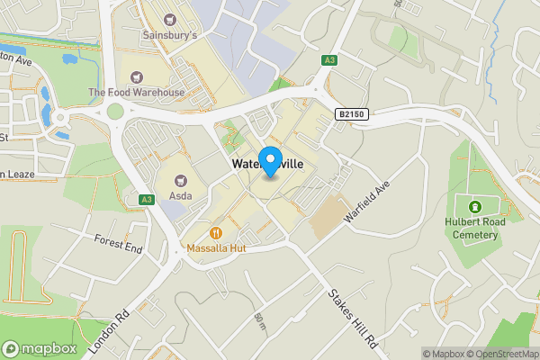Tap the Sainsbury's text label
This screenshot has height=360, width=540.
pos(169,36)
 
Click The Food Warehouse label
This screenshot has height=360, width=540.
pos(136,93)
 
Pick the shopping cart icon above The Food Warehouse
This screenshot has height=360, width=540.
pos(136,76)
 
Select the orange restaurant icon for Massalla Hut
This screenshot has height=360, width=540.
pos(216,231)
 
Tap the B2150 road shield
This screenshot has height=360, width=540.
pos(352,114)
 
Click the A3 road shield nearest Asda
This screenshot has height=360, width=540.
pos(146,200)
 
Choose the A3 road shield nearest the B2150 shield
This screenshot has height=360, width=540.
pos(329,60)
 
